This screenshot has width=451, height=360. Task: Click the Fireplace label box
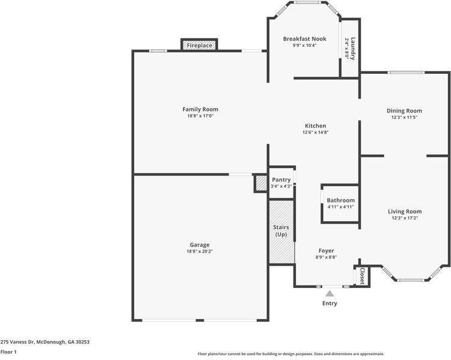click(x=199, y=46)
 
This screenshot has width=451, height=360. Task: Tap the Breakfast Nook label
click(x=305, y=39)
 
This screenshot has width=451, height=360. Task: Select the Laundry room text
click(x=353, y=49)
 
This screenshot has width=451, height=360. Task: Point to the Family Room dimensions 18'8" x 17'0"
click(x=200, y=116)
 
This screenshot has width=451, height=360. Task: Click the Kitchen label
click(x=314, y=126)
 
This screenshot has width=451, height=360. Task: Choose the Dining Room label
click(x=404, y=111)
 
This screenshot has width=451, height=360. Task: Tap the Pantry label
click(x=281, y=180)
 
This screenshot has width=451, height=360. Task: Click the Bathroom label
click(x=340, y=200)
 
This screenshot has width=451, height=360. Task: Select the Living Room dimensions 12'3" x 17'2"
click(x=404, y=218)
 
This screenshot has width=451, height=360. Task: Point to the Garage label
click(x=200, y=245)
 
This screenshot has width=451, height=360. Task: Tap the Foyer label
click(x=327, y=251)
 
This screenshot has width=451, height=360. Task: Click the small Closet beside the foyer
click(x=362, y=276)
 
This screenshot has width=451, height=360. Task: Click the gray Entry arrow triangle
click(x=330, y=294)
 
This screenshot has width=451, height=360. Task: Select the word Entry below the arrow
click(x=330, y=304)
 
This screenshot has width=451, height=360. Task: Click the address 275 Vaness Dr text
click(x=44, y=341)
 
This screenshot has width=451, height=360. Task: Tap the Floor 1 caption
click(x=8, y=352)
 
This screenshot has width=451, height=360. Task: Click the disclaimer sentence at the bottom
click(x=291, y=354)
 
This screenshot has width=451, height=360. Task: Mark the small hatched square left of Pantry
click(x=261, y=183)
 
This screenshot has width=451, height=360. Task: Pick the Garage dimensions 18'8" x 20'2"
click(x=200, y=251)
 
